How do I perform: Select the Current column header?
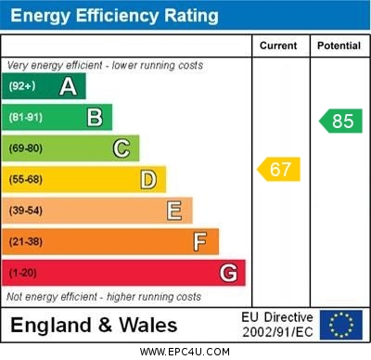(x=278, y=45)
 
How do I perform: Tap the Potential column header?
(x=339, y=45)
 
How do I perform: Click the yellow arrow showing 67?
(x=279, y=169)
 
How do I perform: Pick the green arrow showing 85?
(x=340, y=121)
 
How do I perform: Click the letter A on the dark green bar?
(x=68, y=86)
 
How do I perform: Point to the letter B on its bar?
(x=95, y=117)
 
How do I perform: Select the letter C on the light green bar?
(x=122, y=148)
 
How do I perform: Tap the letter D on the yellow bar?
(x=148, y=179)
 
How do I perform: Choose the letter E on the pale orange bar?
(x=174, y=211)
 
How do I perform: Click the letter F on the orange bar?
(x=200, y=242)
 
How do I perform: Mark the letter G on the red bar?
(x=228, y=273)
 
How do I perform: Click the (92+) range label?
(x=22, y=86)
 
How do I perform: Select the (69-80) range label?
(x=26, y=148)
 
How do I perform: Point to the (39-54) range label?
(x=26, y=211)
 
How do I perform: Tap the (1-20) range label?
(x=23, y=274)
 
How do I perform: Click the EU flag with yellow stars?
(x=341, y=324)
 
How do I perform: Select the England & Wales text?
(x=94, y=325)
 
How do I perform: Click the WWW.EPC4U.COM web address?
(x=185, y=352)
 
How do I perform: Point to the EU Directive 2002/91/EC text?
(x=277, y=324)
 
